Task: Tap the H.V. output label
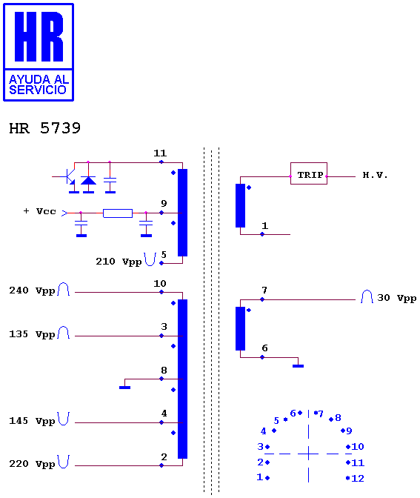[x=375, y=175]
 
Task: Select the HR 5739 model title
[x=44, y=128]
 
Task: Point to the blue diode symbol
[x=88, y=181]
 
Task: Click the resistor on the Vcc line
[x=118, y=213]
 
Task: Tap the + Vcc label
[x=40, y=211]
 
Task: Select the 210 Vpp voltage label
[x=119, y=262]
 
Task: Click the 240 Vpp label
[x=32, y=290]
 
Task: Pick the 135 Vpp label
[x=32, y=334]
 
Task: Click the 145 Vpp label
[x=32, y=421]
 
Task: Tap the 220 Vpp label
[x=32, y=464]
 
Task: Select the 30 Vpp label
[x=397, y=298]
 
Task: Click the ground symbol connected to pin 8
[x=124, y=387]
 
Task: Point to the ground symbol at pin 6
[x=298, y=366]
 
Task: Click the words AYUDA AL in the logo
[x=39, y=79]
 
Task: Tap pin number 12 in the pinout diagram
[x=358, y=478]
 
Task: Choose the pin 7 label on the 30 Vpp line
[x=264, y=290]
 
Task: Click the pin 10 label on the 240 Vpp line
[x=160, y=283]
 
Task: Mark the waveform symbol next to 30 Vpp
[x=367, y=296]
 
